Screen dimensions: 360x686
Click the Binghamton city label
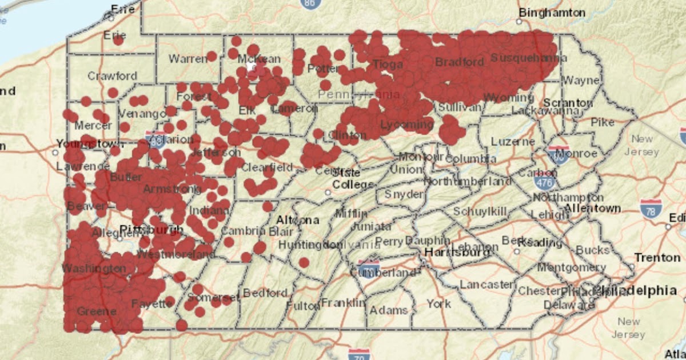552,13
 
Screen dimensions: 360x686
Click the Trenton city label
657,258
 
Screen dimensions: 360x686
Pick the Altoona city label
298,220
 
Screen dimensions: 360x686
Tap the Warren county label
188,59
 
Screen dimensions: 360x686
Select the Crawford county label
112,76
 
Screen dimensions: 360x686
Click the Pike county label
602,122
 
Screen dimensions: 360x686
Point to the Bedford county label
265,293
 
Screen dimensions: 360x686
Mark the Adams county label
389,310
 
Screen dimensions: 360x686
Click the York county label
438,303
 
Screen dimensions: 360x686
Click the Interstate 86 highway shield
310,3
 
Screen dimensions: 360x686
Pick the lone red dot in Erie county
118,40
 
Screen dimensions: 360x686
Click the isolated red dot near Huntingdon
304,262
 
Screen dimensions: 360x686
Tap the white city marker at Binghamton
519,22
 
